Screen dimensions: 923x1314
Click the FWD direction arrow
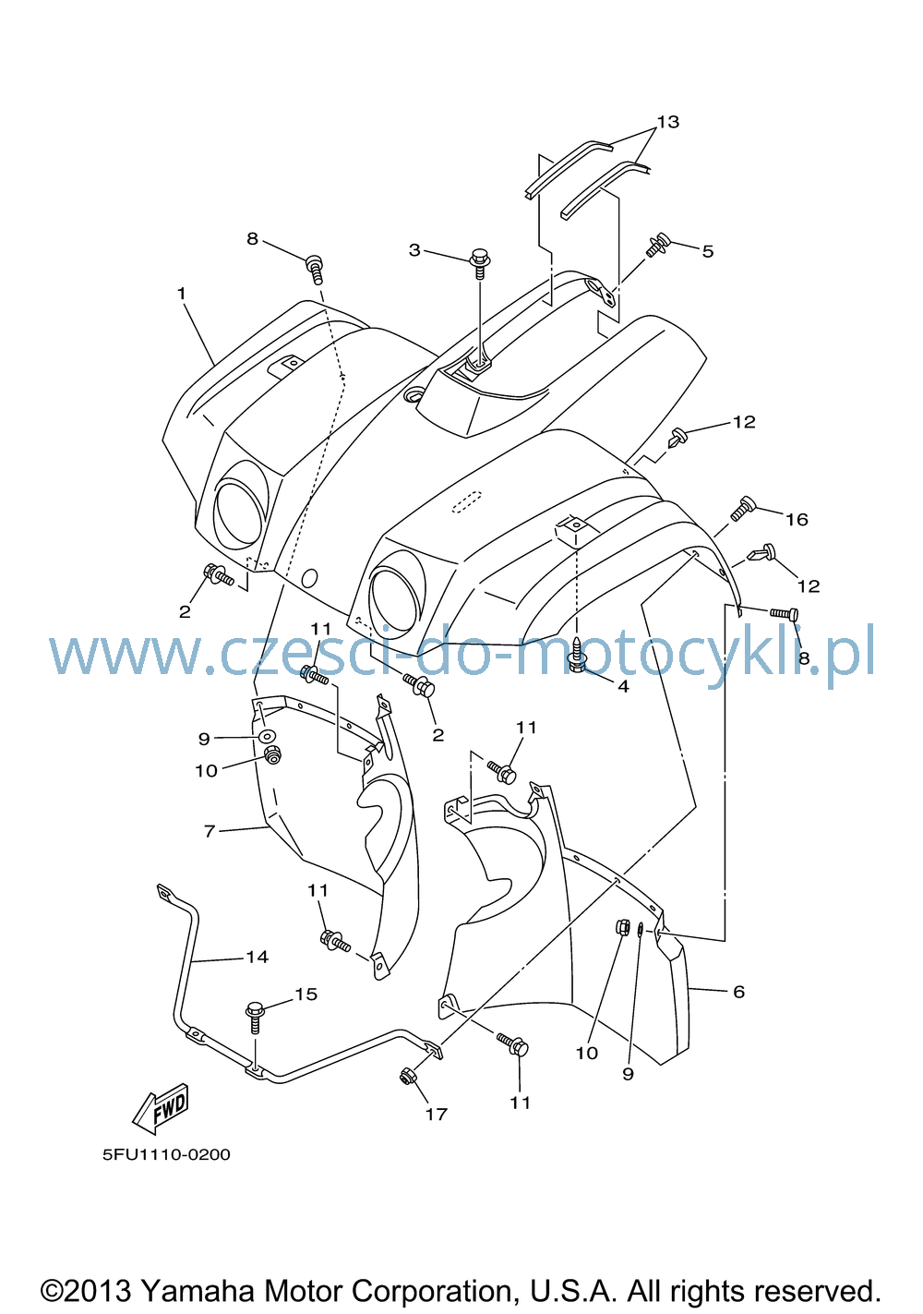pyautogui.click(x=160, y=1108)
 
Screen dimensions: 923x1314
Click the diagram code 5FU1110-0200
pyautogui.click(x=166, y=1155)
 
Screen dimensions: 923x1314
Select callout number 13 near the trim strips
pyautogui.click(x=667, y=122)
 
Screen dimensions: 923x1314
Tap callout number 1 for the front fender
pyautogui.click(x=182, y=294)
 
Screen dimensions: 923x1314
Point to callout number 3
pyautogui.click(x=414, y=250)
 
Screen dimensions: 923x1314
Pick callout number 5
pyautogui.click(x=708, y=252)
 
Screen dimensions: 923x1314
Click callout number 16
pyautogui.click(x=797, y=519)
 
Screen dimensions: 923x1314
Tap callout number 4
pyautogui.click(x=623, y=686)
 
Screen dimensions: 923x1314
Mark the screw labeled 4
pyautogui.click(x=577, y=654)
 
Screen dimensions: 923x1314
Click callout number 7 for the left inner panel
pyautogui.click(x=210, y=831)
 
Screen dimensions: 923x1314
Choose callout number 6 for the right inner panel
pyautogui.click(x=739, y=992)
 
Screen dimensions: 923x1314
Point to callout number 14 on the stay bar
pyautogui.click(x=257, y=957)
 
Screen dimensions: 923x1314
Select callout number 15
pyautogui.click(x=306, y=994)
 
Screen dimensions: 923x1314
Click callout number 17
pyautogui.click(x=437, y=1114)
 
